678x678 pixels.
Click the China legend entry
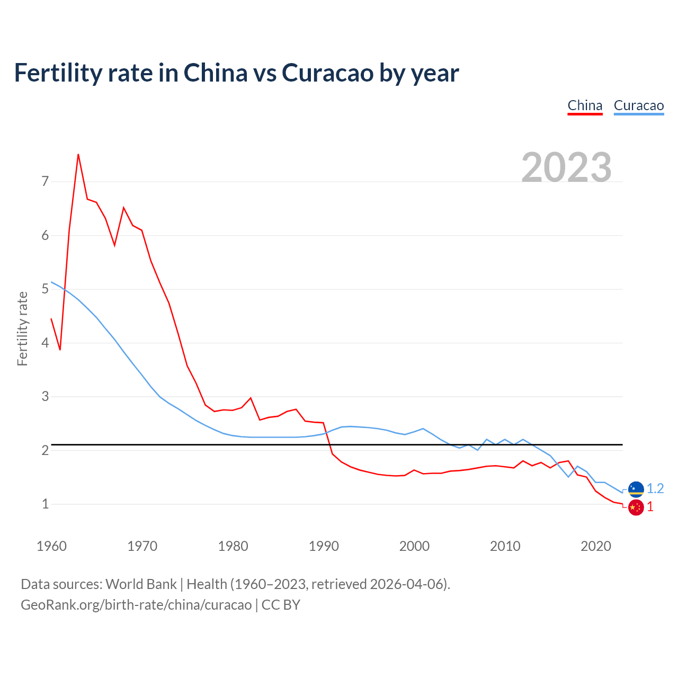tap(585, 105)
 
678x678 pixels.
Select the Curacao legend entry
tap(638, 105)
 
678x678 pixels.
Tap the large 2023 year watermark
tap(566, 167)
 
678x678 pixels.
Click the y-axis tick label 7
tap(45, 182)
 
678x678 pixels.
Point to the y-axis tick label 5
tap(45, 289)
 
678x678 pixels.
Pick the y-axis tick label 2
tap(45, 450)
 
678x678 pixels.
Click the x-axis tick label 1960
tap(51, 546)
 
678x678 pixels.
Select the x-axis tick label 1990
tap(324, 546)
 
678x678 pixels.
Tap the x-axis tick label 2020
tap(596, 546)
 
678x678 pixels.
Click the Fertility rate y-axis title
tap(22, 328)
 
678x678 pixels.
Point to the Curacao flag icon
tap(636, 489)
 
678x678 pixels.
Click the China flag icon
tap(636, 507)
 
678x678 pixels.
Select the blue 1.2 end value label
tap(655, 488)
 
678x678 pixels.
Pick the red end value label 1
tap(650, 507)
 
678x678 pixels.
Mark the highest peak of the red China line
tap(78, 154)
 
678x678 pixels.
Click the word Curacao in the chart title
tap(328, 73)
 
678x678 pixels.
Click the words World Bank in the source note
tap(141, 584)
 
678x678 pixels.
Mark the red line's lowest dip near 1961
tap(60, 350)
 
